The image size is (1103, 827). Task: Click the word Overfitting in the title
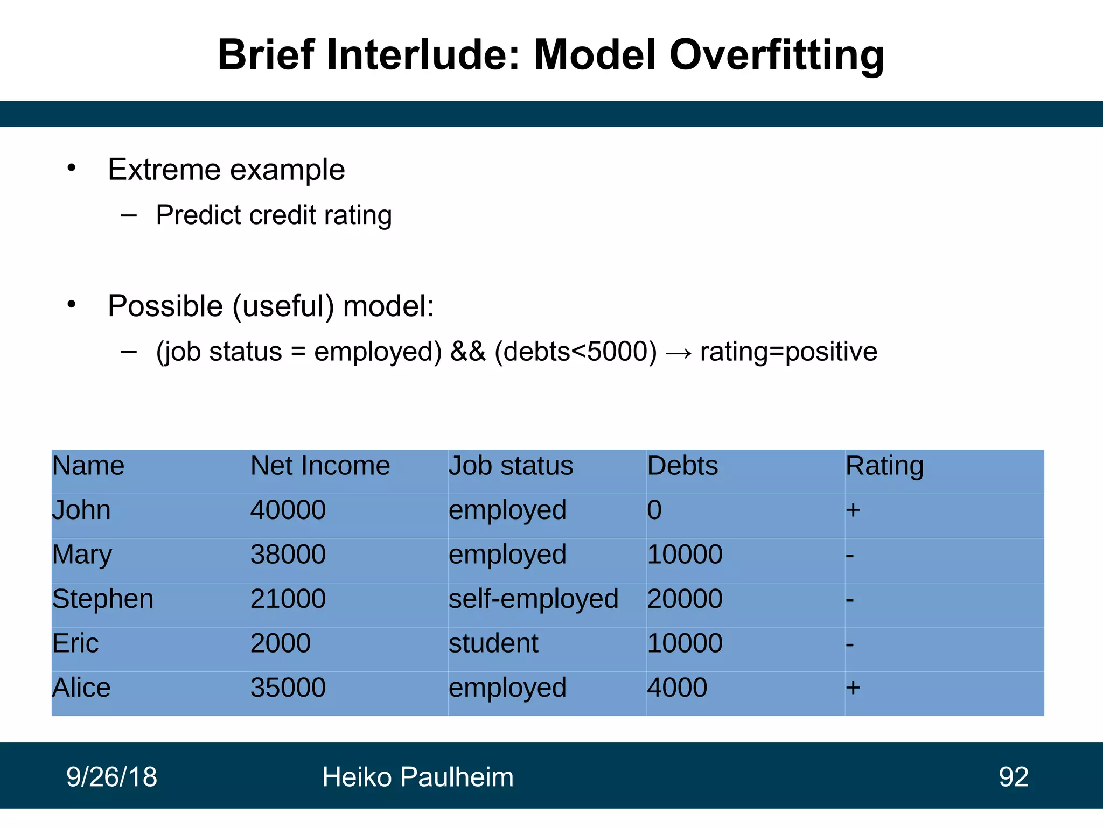776,55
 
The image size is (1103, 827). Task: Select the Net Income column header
320,466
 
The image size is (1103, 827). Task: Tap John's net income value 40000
288,510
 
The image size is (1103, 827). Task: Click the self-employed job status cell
533,599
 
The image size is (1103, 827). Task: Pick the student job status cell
493,643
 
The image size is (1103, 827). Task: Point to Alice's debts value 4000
677,688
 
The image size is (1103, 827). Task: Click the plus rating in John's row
853,510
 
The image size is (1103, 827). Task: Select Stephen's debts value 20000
685,599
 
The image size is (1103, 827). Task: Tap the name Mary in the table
82,555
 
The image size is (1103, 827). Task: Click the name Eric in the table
75,643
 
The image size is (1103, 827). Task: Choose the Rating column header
884,466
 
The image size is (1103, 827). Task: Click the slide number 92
1013,777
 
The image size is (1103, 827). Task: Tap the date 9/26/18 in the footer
111,777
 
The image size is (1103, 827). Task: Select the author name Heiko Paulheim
417,777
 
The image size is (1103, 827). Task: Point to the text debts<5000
575,352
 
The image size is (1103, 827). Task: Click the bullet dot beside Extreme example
72,169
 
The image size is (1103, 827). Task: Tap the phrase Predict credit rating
274,215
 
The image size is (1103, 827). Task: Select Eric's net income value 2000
281,643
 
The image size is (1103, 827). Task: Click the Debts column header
682,466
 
